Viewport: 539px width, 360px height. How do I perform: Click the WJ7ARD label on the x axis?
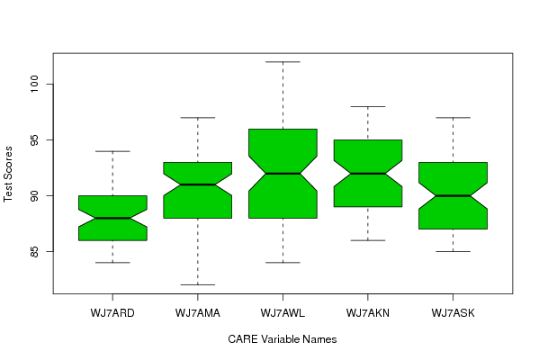coord(112,313)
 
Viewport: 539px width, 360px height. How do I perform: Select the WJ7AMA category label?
coord(198,313)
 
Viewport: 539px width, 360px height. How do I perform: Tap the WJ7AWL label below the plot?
coord(283,313)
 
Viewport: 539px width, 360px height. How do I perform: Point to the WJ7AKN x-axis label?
coord(368,313)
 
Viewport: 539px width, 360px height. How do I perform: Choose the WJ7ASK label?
coord(453,313)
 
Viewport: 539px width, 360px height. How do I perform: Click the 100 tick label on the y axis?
coord(35,84)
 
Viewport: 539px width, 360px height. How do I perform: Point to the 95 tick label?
coord(35,139)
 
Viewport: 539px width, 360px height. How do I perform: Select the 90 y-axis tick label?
coord(35,195)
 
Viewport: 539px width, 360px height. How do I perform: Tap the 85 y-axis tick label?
coord(35,252)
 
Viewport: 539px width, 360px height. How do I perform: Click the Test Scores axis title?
coord(8,174)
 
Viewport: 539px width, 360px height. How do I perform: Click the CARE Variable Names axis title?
coord(283,339)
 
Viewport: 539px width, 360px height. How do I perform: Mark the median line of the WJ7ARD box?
coord(112,218)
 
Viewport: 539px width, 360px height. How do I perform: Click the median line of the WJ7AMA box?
coord(198,184)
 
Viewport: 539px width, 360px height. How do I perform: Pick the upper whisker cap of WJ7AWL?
coord(283,62)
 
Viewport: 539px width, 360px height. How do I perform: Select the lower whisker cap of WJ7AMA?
coord(198,284)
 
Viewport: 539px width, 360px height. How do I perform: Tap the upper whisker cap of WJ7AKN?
coord(368,106)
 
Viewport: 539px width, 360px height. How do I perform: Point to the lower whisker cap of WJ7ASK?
coord(453,251)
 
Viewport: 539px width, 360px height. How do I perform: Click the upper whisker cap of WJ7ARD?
coord(112,151)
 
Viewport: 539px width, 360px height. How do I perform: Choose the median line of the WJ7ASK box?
coord(453,195)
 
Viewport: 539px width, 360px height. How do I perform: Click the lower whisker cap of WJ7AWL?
coord(283,262)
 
